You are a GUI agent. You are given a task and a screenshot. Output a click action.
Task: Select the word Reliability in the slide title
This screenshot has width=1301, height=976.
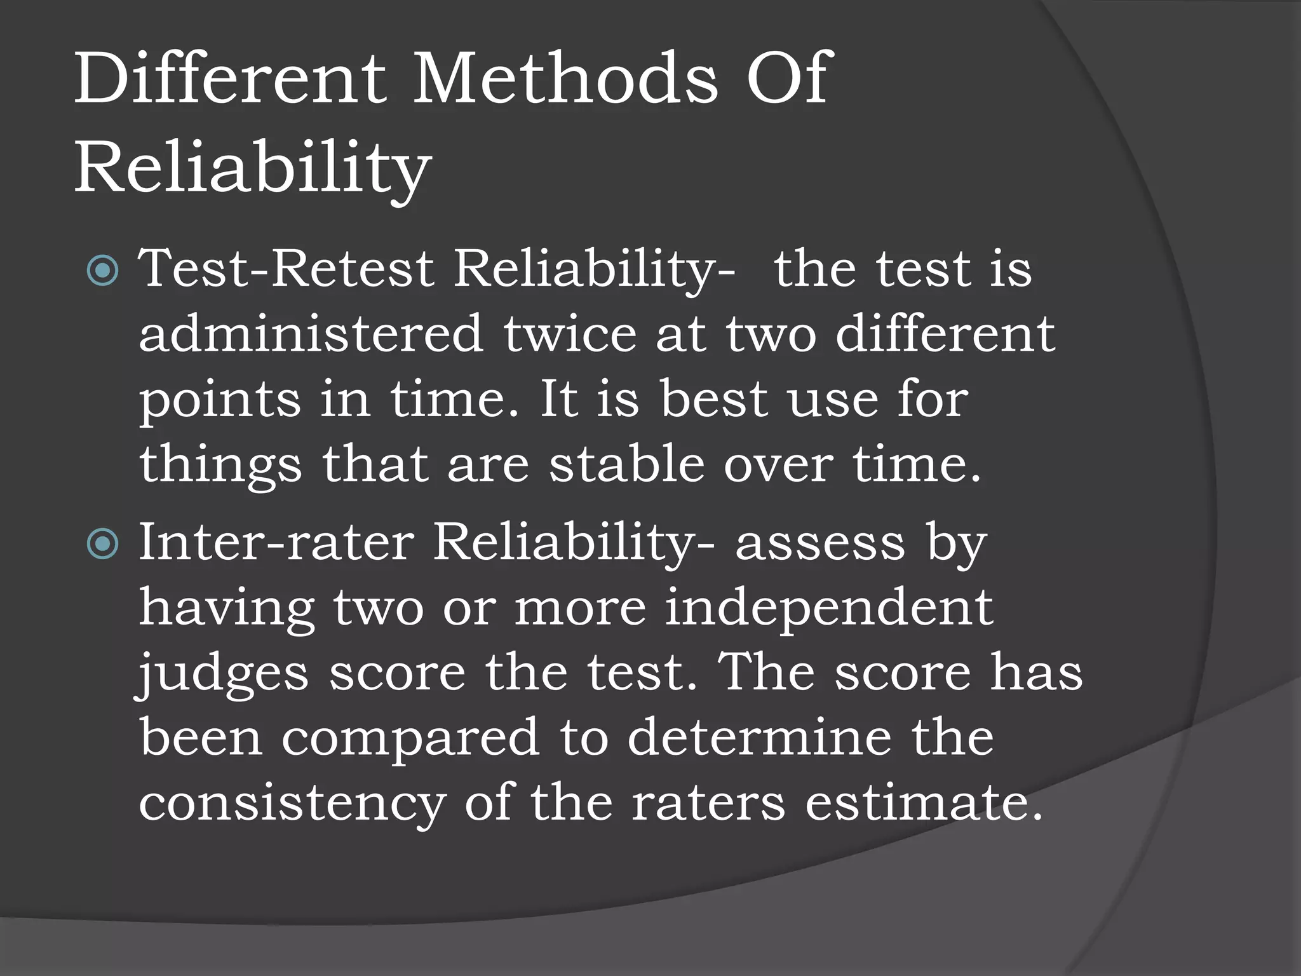pyautogui.click(x=253, y=169)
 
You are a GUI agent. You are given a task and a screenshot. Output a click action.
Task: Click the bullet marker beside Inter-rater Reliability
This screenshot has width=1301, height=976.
pyautogui.click(x=102, y=544)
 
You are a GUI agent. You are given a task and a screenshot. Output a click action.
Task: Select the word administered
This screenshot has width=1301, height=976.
pyautogui.click(x=311, y=334)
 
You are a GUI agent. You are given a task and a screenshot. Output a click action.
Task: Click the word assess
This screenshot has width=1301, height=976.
pyautogui.click(x=819, y=544)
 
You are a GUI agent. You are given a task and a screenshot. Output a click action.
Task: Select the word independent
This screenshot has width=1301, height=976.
pyautogui.click(x=829, y=607)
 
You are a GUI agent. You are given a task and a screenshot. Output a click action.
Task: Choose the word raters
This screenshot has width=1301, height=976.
pyautogui.click(x=708, y=803)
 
